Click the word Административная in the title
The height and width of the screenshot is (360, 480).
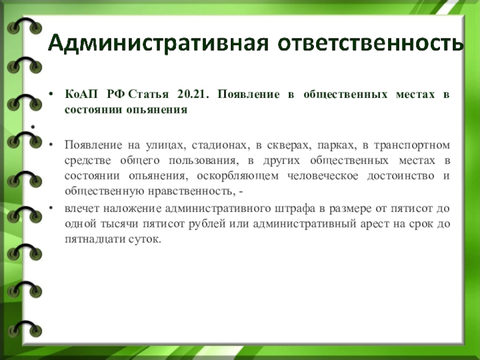pyautogui.click(x=158, y=43)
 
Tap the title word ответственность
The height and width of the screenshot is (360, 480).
pyautogui.click(x=370, y=43)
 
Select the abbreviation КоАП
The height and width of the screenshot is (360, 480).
pyautogui.click(x=81, y=94)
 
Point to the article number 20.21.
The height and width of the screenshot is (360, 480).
pyautogui.click(x=193, y=94)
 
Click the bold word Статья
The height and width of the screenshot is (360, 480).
pyautogui.click(x=148, y=94)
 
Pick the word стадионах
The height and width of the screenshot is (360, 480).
pyautogui.click(x=219, y=145)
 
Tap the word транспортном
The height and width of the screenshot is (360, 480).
pyautogui.click(x=412, y=145)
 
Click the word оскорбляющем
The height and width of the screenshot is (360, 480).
pyautogui.click(x=238, y=176)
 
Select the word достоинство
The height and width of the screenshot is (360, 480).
pyautogui.click(x=400, y=176)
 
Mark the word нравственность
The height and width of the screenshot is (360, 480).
pyautogui.click(x=191, y=191)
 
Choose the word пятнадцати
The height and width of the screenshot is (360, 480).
pyautogui.click(x=94, y=239)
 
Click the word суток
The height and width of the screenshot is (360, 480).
pyautogui.click(x=145, y=239)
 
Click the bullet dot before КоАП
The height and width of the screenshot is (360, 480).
pyautogui.click(x=51, y=94)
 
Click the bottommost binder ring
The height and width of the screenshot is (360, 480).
pyautogui.click(x=25, y=328)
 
